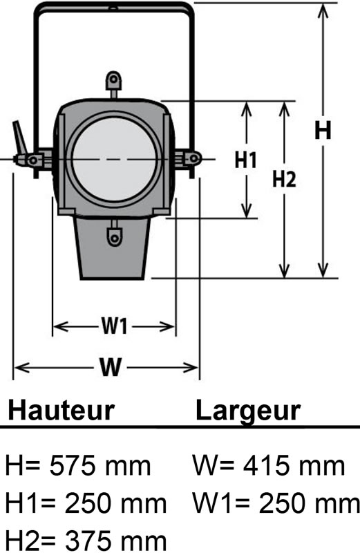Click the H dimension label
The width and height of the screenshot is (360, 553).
click(x=323, y=130)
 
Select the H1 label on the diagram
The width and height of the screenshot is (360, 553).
click(x=246, y=160)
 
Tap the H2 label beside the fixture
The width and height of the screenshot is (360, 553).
click(x=284, y=179)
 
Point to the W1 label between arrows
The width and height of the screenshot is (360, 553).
click(x=114, y=326)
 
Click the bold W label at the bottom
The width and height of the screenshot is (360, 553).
click(x=111, y=367)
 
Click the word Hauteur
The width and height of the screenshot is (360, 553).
click(x=61, y=410)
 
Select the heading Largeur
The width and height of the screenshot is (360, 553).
click(x=248, y=410)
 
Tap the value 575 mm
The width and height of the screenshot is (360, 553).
click(x=100, y=465)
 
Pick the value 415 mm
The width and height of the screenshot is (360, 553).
click(x=294, y=465)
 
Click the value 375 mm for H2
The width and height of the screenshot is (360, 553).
click(x=115, y=541)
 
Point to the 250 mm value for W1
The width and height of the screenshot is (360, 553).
click(x=310, y=503)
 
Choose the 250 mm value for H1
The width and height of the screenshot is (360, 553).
click(x=115, y=503)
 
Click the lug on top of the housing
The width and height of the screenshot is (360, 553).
click(x=113, y=84)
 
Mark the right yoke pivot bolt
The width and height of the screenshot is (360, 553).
click(x=193, y=158)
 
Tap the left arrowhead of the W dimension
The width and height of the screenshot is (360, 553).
click(x=21, y=368)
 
